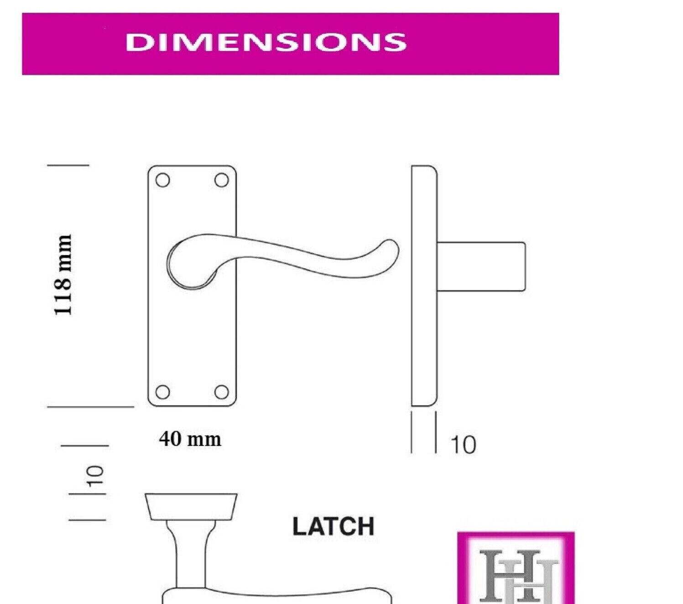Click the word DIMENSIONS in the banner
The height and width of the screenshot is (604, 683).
click(x=266, y=42)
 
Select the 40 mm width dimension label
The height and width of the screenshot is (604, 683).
click(x=190, y=439)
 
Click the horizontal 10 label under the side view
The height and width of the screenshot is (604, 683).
click(x=463, y=445)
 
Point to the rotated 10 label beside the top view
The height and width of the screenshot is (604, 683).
click(x=95, y=477)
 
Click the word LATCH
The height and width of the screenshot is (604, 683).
click(x=333, y=526)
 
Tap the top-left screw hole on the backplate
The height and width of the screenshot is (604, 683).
click(x=162, y=180)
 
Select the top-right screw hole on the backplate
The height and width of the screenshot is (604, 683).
click(x=221, y=180)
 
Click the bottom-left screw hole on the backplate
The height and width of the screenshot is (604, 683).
click(x=162, y=392)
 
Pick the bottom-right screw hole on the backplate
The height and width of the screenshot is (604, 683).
click(x=221, y=392)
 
